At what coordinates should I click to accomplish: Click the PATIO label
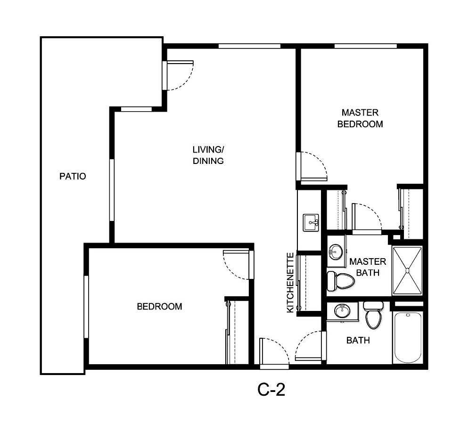click(73, 177)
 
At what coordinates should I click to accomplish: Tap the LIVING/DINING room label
click(208, 155)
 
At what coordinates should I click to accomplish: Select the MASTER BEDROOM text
click(360, 119)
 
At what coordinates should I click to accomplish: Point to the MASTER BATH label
click(368, 267)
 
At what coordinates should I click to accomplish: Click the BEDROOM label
click(159, 307)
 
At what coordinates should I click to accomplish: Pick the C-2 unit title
click(271, 390)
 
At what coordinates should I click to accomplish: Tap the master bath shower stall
click(408, 270)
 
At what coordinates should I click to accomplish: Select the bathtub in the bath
click(408, 337)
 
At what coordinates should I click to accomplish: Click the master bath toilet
click(340, 281)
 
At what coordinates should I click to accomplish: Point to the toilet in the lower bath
click(373, 317)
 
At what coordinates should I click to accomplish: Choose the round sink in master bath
click(335, 251)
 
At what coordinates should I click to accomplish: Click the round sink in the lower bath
click(342, 311)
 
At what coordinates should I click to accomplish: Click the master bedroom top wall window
click(365, 46)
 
